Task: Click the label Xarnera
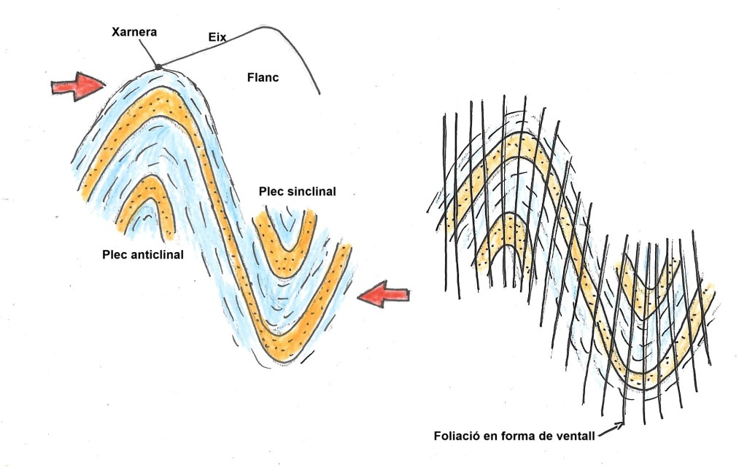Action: tap(135, 33)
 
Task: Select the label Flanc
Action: tap(263, 76)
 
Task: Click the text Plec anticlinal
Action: tap(143, 255)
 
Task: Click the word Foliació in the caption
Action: tap(449, 436)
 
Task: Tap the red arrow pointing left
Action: tap(385, 295)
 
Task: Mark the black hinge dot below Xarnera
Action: tap(158, 68)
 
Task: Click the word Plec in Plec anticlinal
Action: tap(115, 255)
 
